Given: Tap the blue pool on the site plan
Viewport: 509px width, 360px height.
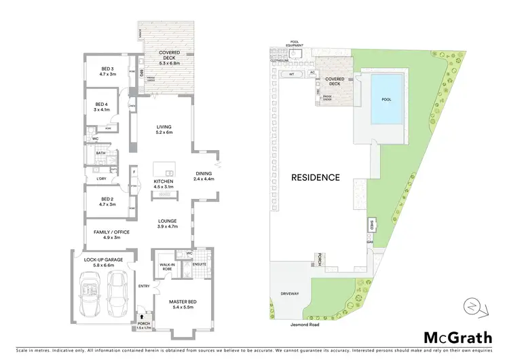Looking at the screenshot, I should click(385, 99).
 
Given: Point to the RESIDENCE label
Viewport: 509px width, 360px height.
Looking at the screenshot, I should click(316, 177).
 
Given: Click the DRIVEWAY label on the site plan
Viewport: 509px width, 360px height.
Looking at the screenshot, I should click(289, 294).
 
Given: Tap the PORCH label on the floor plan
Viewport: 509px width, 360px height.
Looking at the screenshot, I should click(143, 323).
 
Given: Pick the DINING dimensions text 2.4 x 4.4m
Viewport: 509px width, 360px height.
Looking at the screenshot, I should click(204, 179).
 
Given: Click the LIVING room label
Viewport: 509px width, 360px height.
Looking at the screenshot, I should click(164, 127).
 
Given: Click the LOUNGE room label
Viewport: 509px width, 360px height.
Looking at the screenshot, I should click(167, 221).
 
